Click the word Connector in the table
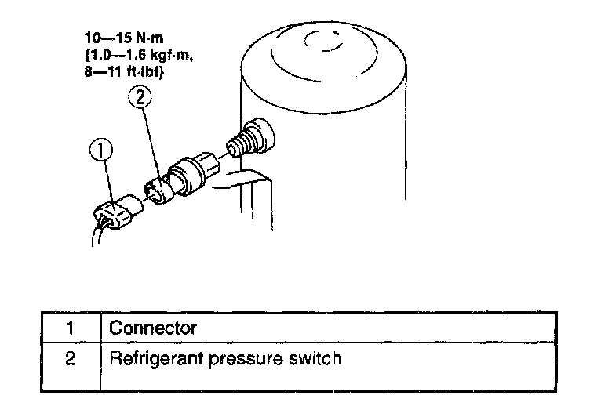(x=154, y=328)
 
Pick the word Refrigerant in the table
(x=150, y=360)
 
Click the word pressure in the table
(x=240, y=361)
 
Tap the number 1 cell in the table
(x=68, y=328)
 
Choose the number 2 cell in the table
(x=68, y=360)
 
